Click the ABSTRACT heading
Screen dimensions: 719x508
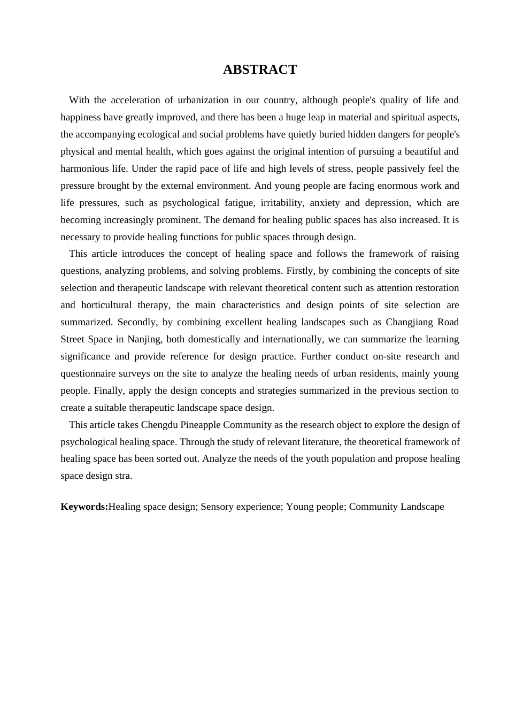click(260, 70)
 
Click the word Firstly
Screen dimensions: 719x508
click(301, 271)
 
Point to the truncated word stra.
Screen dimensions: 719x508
click(123, 476)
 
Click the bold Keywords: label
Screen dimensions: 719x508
click(84, 507)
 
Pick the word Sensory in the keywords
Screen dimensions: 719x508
click(218, 507)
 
